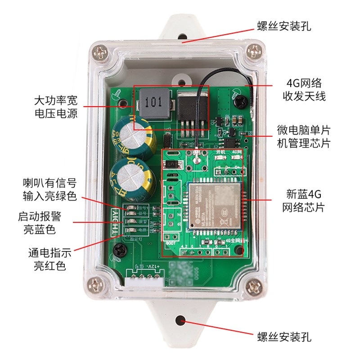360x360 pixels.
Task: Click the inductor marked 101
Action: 154,103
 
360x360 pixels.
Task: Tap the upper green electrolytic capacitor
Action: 129,134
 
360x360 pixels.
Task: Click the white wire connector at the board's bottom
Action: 145,278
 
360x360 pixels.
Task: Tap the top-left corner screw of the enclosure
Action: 100,52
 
